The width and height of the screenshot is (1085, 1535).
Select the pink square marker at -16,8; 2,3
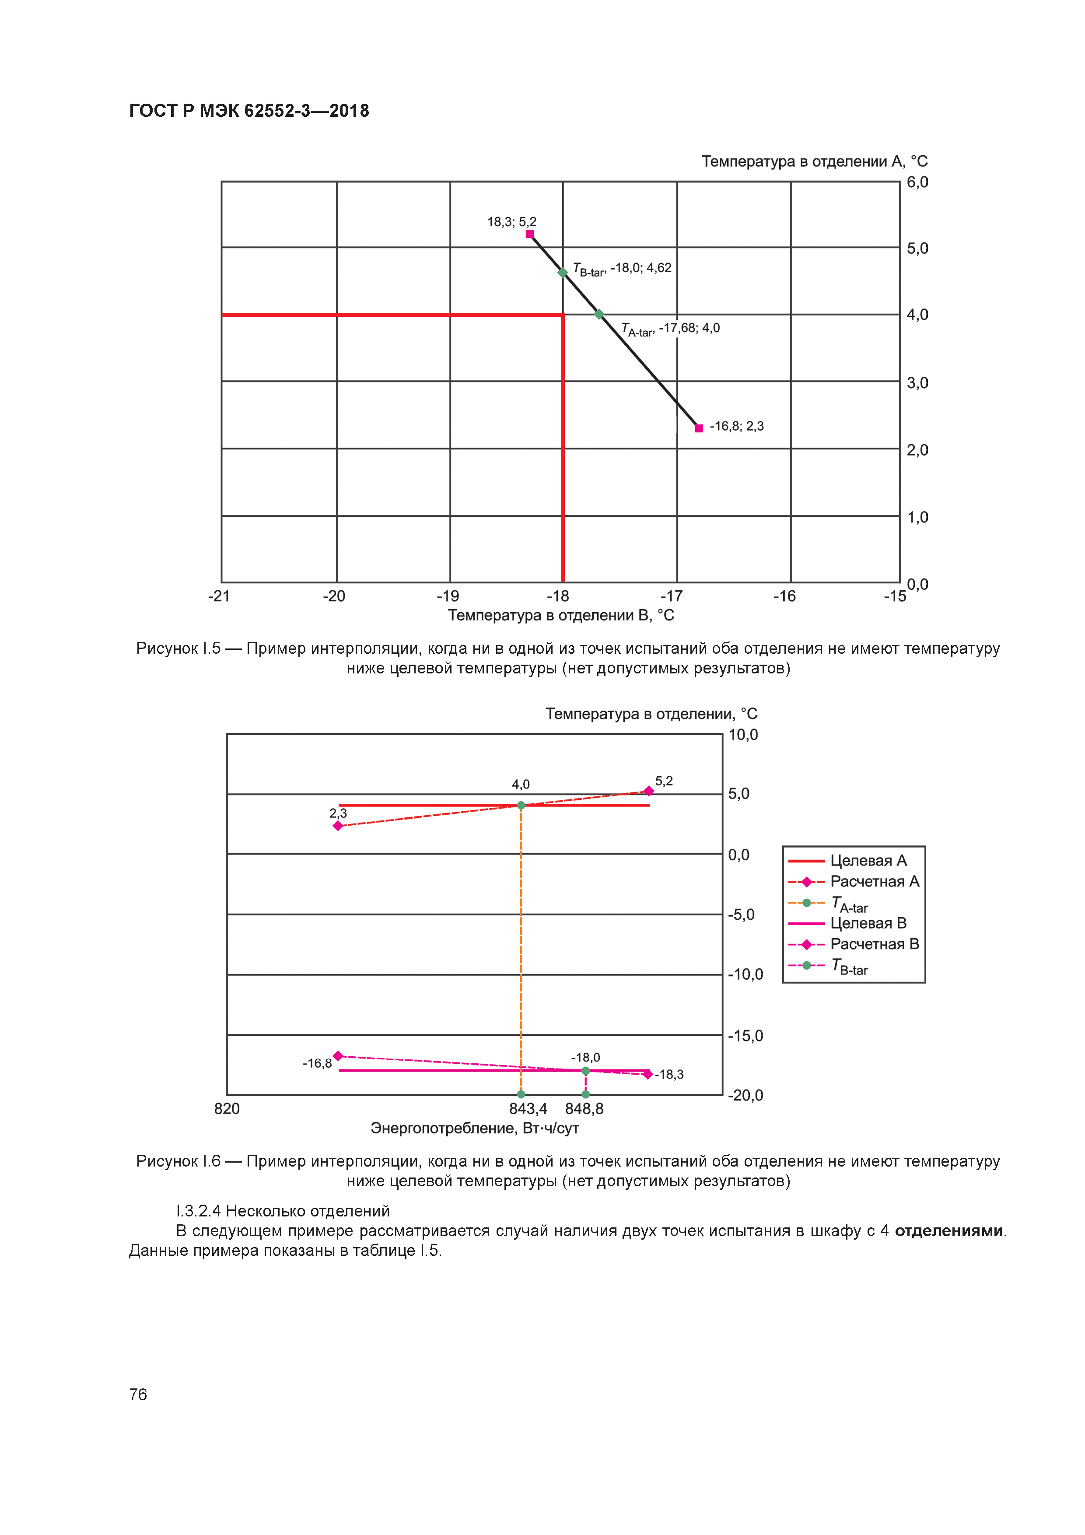[x=699, y=428]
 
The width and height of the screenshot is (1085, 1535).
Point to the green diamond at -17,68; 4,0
[x=599, y=314]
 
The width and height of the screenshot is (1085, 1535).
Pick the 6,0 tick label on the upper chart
[x=917, y=182]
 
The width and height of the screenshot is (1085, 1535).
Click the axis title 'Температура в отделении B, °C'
[x=561, y=615]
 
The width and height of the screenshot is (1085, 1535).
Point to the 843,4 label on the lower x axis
[x=528, y=1108]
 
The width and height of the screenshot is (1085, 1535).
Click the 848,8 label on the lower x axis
[x=584, y=1108]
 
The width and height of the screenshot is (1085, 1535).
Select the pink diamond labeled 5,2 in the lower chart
[x=648, y=791]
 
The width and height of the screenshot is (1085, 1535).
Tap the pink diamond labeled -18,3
[x=647, y=1074]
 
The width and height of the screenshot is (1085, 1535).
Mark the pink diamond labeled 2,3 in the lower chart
[x=338, y=826]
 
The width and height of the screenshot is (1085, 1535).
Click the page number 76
[x=138, y=1395]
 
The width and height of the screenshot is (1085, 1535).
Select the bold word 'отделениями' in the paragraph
[x=948, y=1231]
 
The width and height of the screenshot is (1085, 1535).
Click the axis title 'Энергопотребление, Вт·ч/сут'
[x=475, y=1128]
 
